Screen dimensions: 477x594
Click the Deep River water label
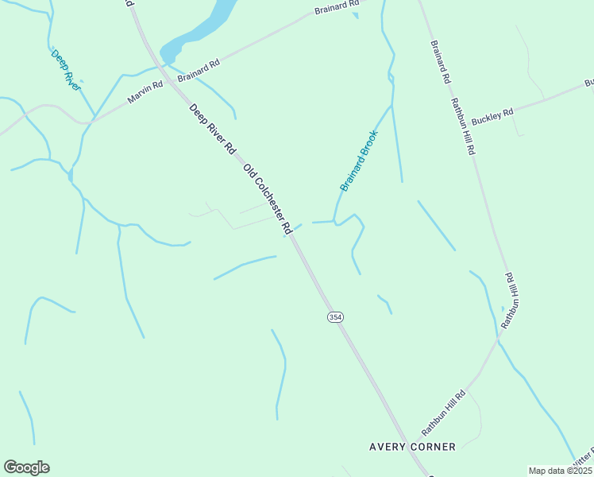click(66, 70)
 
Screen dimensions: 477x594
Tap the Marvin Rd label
click(145, 92)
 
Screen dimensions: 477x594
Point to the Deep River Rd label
click(213, 128)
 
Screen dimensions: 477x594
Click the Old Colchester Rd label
click(268, 199)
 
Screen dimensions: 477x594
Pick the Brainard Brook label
click(359, 161)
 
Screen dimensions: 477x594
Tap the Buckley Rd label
click(492, 116)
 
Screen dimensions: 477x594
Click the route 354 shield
click(335, 316)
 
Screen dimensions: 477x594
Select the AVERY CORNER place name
click(413, 447)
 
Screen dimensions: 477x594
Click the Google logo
click(26, 467)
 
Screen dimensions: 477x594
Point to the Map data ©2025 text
click(560, 471)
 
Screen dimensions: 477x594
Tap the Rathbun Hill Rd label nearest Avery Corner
click(443, 412)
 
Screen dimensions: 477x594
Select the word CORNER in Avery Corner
click(434, 447)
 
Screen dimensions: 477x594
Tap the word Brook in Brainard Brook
click(369, 144)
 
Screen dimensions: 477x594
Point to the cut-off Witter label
click(582, 459)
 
